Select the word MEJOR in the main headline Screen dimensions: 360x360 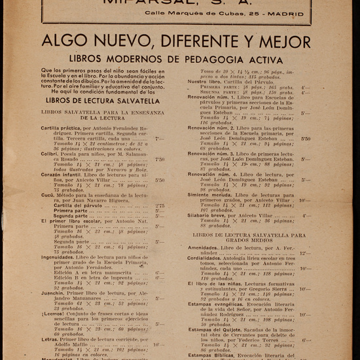pos(292,43)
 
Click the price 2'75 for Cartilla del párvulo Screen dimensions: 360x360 pos(160,206)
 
